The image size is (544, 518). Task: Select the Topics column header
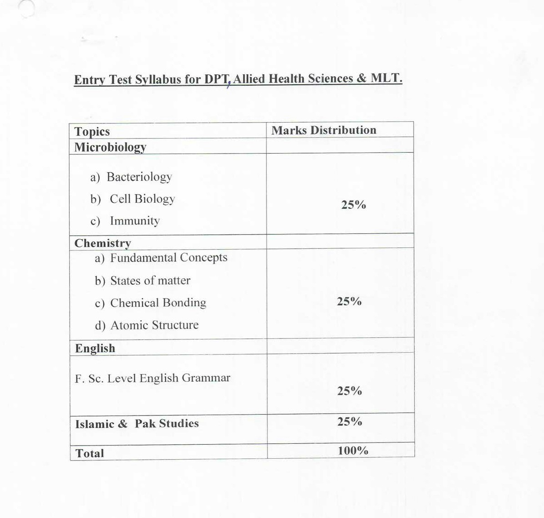(x=92, y=132)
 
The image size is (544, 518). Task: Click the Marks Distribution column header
(x=324, y=130)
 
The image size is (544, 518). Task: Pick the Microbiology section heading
(x=110, y=147)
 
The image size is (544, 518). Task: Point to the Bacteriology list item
(x=139, y=177)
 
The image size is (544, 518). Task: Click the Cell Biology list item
(x=142, y=199)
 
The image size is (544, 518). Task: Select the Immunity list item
(x=134, y=221)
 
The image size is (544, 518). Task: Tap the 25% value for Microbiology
(x=353, y=205)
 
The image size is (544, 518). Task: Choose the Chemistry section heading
(x=102, y=243)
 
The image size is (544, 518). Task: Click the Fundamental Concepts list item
(x=168, y=258)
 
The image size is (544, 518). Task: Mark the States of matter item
(x=150, y=281)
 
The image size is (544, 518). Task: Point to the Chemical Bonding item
(x=158, y=303)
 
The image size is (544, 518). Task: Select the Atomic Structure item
(x=154, y=325)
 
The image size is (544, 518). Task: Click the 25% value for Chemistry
(x=349, y=302)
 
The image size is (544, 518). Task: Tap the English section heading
(x=95, y=349)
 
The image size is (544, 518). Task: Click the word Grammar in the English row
(x=206, y=378)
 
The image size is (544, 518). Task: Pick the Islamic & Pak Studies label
(x=137, y=424)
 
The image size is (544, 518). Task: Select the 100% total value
(x=353, y=451)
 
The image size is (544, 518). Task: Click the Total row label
(x=89, y=453)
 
